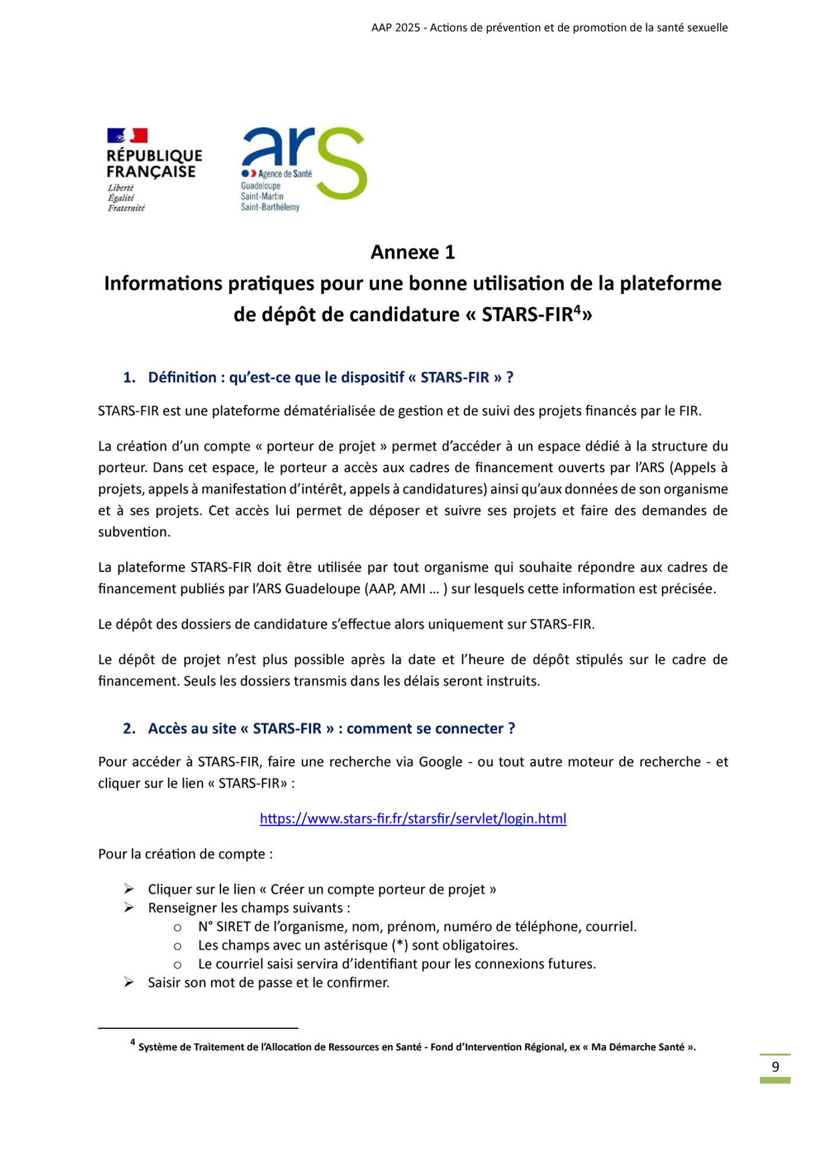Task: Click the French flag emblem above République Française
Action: (x=127, y=136)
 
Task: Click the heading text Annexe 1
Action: (x=412, y=252)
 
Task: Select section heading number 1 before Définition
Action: (x=129, y=377)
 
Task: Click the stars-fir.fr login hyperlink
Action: (x=413, y=818)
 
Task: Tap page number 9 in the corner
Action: (x=776, y=1066)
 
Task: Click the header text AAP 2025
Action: (x=395, y=27)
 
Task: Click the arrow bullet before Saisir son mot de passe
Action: (x=129, y=983)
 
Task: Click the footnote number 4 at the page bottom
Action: (x=133, y=1042)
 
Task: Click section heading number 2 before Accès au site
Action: (x=129, y=728)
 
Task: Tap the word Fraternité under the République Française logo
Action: (x=126, y=208)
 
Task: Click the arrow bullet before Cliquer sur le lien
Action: (x=129, y=889)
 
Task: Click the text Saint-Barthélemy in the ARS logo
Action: (x=270, y=207)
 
